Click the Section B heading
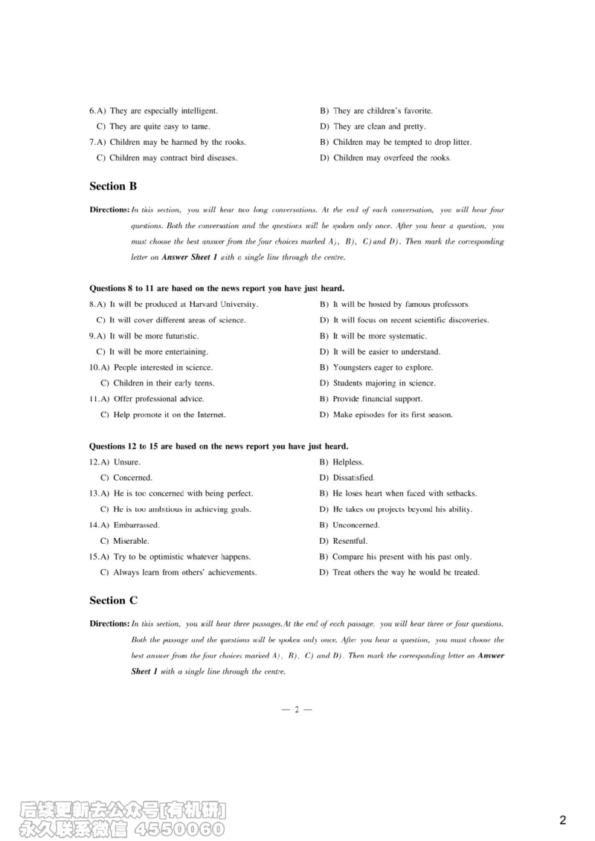click(x=113, y=186)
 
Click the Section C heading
click(x=113, y=600)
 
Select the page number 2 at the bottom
click(x=297, y=710)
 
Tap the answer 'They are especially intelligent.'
click(x=164, y=111)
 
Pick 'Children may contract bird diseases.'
click(x=173, y=158)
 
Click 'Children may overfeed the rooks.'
click(x=391, y=158)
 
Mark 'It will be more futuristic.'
click(x=153, y=336)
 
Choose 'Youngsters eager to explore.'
click(x=383, y=368)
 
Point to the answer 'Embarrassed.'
click(x=136, y=525)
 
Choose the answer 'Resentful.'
click(x=350, y=541)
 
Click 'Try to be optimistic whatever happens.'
click(x=182, y=556)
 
